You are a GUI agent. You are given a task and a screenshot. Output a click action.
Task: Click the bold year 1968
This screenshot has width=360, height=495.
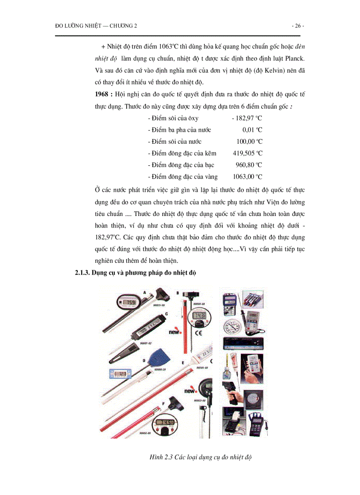pos(103,95)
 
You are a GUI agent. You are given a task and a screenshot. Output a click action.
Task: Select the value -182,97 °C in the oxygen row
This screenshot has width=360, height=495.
pos(247,118)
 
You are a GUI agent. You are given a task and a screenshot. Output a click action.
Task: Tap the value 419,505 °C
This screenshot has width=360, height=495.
pos(247,153)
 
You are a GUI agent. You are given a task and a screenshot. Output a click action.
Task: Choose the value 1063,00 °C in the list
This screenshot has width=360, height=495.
pos(247,177)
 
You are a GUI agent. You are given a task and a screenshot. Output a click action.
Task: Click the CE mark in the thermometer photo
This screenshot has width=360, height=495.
pos(199,334)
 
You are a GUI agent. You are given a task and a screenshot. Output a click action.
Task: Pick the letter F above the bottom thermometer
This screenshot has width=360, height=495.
pos(164,403)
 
